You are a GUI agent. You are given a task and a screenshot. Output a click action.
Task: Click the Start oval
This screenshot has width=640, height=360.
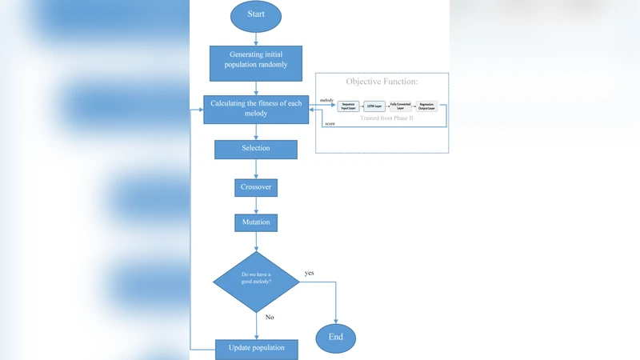[256, 16]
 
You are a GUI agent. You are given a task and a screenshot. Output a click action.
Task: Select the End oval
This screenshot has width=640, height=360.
[336, 337]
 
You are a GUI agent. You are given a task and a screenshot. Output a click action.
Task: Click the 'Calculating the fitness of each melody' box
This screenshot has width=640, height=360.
[256, 108]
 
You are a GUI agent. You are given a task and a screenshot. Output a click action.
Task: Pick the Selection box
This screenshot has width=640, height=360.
[256, 149]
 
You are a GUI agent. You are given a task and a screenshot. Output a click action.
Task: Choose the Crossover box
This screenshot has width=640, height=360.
[256, 187]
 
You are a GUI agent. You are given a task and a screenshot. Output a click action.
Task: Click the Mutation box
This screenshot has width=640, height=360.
[256, 222]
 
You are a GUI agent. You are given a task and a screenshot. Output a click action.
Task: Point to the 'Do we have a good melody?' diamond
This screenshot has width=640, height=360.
[256, 282]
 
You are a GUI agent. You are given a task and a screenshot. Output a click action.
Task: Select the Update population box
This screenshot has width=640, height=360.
[256, 349]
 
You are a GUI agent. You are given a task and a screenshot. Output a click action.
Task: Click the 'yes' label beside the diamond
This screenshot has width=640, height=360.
[309, 273]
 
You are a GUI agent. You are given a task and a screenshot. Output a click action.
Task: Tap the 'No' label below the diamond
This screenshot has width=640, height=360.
[270, 317]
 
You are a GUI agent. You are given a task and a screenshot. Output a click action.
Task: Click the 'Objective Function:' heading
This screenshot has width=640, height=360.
[382, 82]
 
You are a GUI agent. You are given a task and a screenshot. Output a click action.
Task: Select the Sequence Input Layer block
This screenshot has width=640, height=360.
[349, 106]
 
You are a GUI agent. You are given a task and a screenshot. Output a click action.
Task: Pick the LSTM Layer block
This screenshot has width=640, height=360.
[374, 106]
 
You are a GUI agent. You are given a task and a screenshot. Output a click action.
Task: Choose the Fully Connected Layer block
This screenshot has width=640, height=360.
[399, 106]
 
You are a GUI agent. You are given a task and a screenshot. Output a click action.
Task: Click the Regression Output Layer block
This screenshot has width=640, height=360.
[426, 106]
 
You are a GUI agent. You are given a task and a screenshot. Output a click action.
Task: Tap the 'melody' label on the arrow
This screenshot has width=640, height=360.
[326, 100]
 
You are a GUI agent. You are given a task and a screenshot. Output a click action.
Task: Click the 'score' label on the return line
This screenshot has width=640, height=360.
[329, 124]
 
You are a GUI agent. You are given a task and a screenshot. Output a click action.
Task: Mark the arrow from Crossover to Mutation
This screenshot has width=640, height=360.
[256, 206]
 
